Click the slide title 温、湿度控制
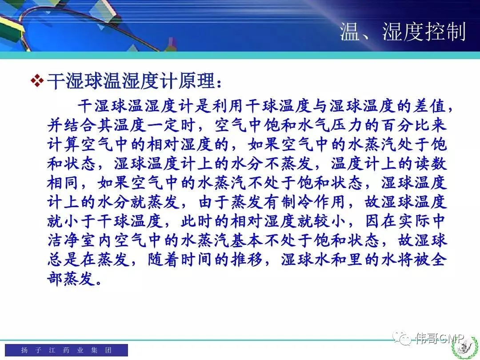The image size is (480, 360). (x=403, y=32)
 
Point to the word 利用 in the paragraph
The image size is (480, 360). (x=228, y=106)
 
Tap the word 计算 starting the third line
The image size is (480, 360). (x=64, y=144)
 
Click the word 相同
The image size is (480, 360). (x=64, y=183)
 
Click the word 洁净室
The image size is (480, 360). (x=72, y=240)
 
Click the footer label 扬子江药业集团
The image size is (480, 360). (x=66, y=350)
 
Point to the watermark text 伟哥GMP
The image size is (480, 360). (x=440, y=338)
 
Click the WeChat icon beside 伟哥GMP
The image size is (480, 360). (x=402, y=338)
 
